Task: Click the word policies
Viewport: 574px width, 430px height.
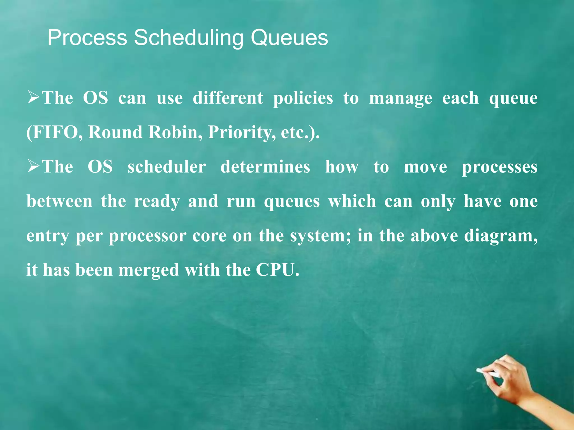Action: (x=303, y=99)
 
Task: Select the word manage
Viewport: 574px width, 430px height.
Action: (x=401, y=99)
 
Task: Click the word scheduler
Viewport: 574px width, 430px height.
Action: (x=167, y=167)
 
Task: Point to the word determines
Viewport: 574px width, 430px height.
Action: (x=265, y=167)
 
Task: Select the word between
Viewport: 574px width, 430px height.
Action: (x=59, y=201)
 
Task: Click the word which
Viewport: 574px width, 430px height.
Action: (x=352, y=201)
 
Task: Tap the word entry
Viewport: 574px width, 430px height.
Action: (x=47, y=236)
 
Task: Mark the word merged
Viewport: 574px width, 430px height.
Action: (x=149, y=270)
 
